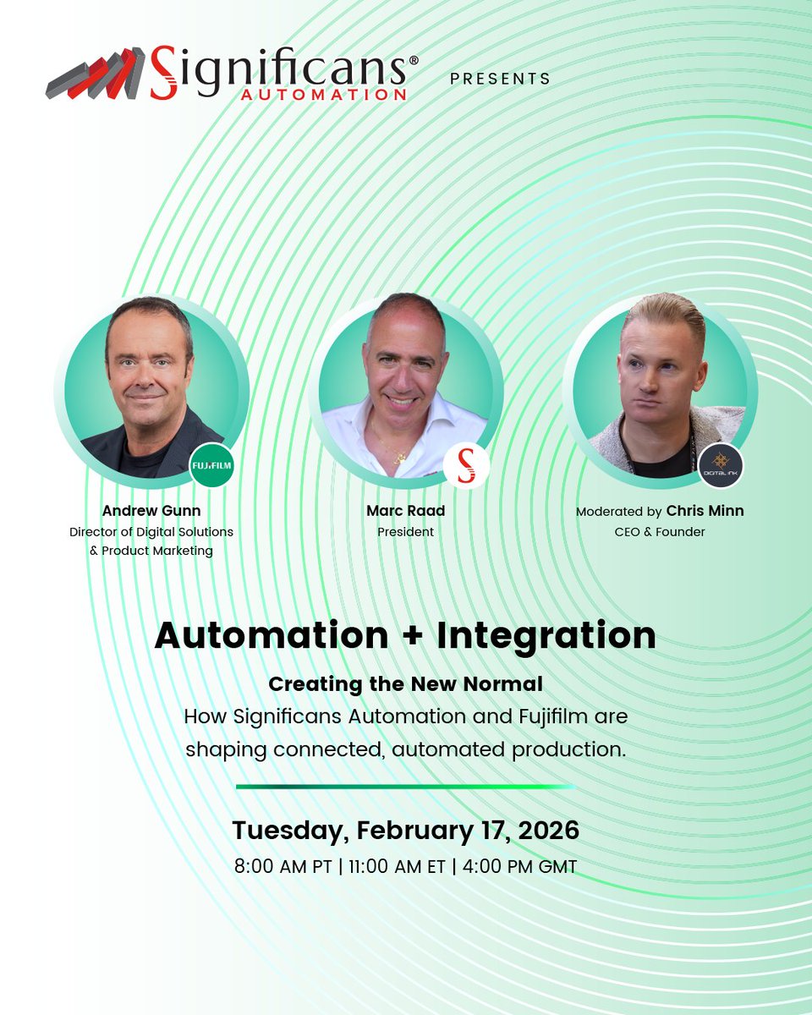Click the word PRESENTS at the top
[500, 79]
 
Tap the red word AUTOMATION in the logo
[323, 95]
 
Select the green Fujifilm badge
[211, 465]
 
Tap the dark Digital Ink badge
[721, 465]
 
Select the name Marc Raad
[406, 511]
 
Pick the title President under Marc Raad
[406, 532]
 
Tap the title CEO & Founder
[660, 532]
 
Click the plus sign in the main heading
[396, 636]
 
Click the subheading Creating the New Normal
[405, 683]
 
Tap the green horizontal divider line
[405, 787]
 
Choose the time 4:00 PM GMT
[519, 867]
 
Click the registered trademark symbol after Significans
[414, 61]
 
